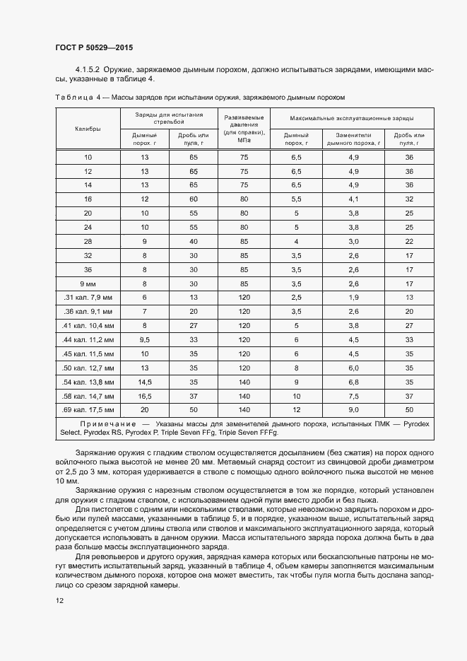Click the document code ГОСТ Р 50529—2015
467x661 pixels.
93,47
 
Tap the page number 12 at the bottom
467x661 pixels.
59,599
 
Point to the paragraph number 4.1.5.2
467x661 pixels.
88,69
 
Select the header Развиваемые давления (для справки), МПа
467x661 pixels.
244,128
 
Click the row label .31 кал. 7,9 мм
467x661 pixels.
88,298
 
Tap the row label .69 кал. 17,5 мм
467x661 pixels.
88,409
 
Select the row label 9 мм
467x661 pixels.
88,283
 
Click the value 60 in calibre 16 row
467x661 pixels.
193,199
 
